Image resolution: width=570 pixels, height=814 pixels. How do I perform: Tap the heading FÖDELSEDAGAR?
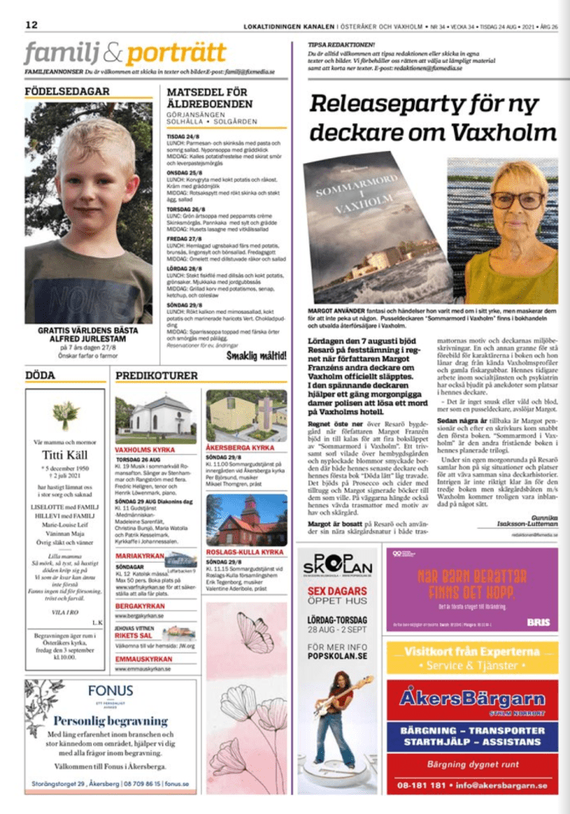(x=68, y=91)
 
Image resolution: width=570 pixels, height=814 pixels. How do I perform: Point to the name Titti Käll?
(x=64, y=454)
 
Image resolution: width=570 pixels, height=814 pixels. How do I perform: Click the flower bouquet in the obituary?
(x=65, y=414)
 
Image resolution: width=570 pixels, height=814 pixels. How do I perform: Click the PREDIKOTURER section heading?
(x=157, y=375)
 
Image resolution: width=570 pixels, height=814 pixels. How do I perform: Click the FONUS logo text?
(x=110, y=691)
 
